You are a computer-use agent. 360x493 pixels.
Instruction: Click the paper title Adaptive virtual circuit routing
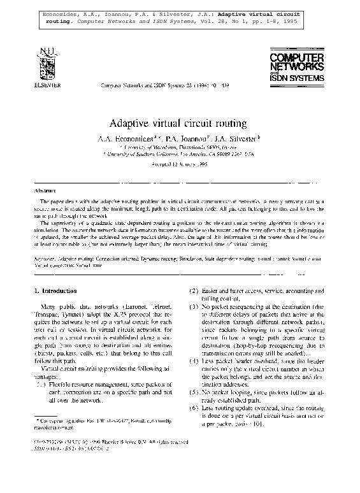[180, 122]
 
